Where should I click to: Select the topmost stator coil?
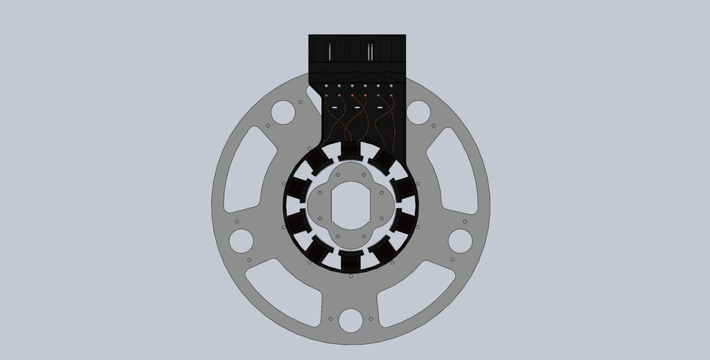pyautogui.click(x=351, y=153)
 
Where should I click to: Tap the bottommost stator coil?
pyautogui.click(x=351, y=261)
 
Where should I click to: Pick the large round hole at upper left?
pyautogui.click(x=283, y=112)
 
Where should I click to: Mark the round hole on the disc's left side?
pyautogui.click(x=241, y=240)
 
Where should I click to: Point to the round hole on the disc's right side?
pyautogui.click(x=460, y=240)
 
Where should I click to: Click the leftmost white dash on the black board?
pyautogui.click(x=334, y=109)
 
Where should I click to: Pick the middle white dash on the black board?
pyautogui.click(x=357, y=109)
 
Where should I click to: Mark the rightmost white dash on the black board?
pyautogui.click(x=380, y=109)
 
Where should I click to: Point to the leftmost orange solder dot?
pyautogui.click(x=327, y=96)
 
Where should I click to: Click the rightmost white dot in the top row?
pyautogui.click(x=391, y=85)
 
